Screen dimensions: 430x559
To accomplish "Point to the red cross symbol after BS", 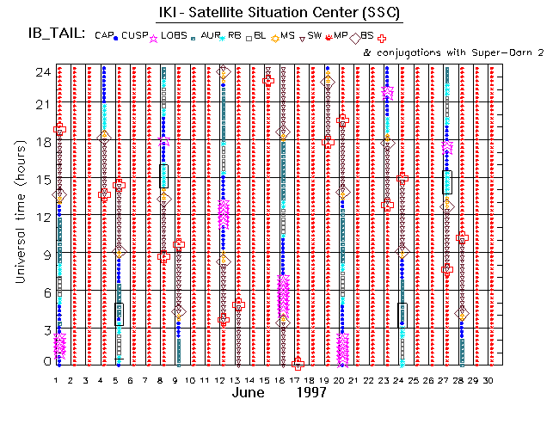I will pyautogui.click(x=382, y=38).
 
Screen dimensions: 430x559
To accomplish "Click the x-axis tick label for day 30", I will pyautogui.click(x=488, y=380).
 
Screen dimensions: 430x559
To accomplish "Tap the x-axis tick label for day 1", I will pyautogui.click(x=57, y=380).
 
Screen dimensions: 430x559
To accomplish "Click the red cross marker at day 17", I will pyautogui.click(x=298, y=365).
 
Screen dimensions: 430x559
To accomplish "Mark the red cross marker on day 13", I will pyautogui.click(x=238, y=304).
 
